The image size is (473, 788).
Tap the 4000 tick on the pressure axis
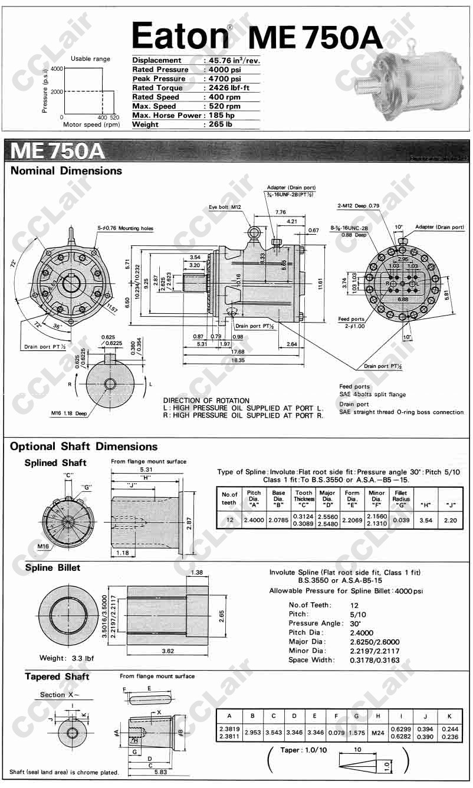coord(57,69)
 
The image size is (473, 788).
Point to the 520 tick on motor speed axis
coord(114,117)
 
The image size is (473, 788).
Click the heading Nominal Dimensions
coord(66,171)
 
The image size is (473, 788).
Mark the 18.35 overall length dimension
coord(238,360)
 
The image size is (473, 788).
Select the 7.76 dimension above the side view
coord(280,212)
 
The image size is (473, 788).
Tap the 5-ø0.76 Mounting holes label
coord(125,228)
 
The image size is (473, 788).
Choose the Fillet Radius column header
coord(401,497)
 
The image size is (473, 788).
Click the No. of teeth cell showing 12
coord(229,520)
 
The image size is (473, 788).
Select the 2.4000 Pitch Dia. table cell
coord(254,520)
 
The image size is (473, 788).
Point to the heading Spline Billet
coord(52,568)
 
